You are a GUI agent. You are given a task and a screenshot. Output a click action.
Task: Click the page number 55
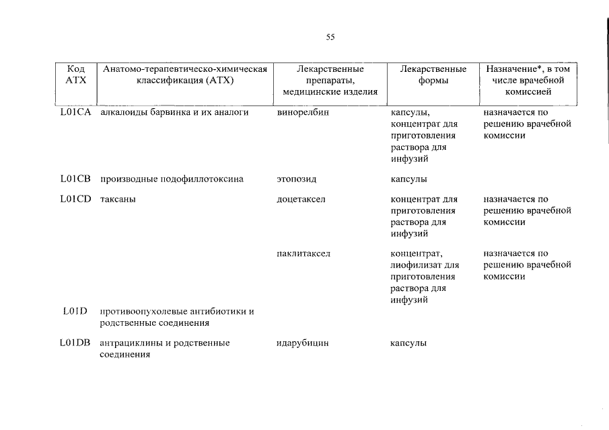pos(330,38)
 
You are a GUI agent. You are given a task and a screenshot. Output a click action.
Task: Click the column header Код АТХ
pos(75,75)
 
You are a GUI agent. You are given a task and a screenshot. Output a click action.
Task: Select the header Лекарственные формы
pos(433,75)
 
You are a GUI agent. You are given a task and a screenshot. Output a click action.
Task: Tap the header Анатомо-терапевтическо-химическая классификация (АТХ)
pos(185,75)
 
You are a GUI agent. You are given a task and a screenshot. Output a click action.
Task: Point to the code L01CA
pos(75,112)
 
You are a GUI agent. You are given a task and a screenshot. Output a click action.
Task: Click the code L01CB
pos(75,179)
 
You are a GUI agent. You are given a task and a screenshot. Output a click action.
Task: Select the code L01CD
pos(75,200)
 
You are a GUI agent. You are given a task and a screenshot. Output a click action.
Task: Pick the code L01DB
pos(75,343)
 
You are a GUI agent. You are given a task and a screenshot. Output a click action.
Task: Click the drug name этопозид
pos(296,179)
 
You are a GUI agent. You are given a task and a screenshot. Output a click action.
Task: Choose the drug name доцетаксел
pos(301,200)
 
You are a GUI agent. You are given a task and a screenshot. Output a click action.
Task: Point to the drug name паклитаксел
pos(303,253)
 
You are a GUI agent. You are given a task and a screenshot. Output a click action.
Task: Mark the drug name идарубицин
pos(303,343)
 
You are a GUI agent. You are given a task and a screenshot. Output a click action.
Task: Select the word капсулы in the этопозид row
pos(408,179)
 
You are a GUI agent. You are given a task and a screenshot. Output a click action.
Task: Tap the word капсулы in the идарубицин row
pos(408,343)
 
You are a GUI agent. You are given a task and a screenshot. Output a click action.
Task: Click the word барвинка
pos(166,112)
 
